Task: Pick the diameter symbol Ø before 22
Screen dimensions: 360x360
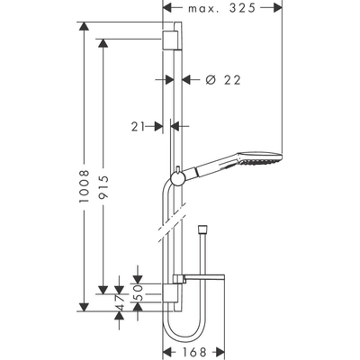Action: (x=209, y=79)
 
